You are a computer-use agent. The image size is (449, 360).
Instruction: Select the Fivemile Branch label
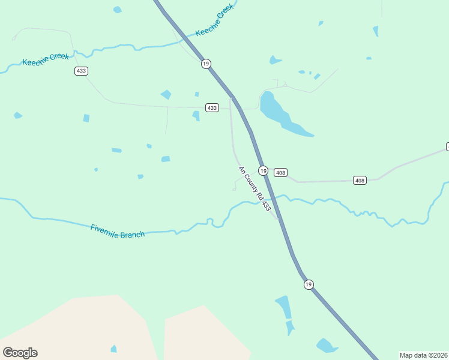tap(118, 231)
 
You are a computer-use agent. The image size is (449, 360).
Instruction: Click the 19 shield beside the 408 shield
tap(263, 170)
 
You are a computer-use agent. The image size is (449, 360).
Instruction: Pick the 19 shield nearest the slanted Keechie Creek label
tap(206, 64)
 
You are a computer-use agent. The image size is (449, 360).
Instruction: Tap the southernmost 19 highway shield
tap(308, 284)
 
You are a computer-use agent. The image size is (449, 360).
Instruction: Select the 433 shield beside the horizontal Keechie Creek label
tap(82, 71)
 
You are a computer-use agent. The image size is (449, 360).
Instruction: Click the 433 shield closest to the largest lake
tap(212, 108)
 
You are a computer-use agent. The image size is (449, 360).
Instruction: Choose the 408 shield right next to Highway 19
tap(280, 173)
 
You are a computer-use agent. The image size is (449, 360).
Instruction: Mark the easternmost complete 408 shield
tap(360, 181)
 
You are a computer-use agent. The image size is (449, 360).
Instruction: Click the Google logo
tap(20, 353)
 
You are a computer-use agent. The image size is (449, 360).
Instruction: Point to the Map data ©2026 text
tap(423, 355)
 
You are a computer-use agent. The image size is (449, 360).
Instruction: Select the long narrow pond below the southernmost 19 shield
tap(283, 307)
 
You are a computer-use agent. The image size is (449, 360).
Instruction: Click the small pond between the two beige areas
tap(113, 349)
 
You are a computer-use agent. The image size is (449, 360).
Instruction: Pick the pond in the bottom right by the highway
tap(327, 345)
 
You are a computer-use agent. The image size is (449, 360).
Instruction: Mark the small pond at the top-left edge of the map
tap(117, 10)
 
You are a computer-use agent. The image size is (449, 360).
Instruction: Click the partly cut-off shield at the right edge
tap(447, 146)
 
